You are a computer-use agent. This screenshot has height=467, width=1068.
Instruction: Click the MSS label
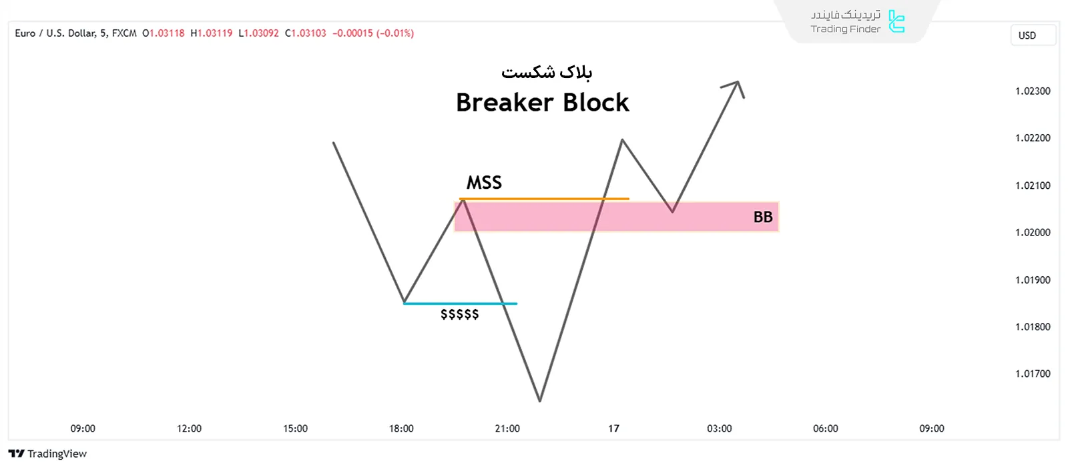pyautogui.click(x=484, y=183)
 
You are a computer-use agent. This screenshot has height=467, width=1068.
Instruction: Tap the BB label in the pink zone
pyautogui.click(x=763, y=217)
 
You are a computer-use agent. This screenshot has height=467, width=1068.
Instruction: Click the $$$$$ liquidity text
pyautogui.click(x=459, y=314)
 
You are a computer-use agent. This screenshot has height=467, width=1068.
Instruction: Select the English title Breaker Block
pyautogui.click(x=542, y=103)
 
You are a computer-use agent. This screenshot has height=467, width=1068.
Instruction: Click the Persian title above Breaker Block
pyautogui.click(x=547, y=72)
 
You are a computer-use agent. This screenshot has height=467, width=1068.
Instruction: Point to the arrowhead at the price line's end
pyautogui.click(x=737, y=84)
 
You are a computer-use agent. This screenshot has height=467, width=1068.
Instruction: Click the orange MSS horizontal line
pyautogui.click(x=544, y=199)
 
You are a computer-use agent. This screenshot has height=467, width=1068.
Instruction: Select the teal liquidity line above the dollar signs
pyautogui.click(x=460, y=304)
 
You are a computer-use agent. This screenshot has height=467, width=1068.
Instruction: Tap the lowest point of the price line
pyautogui.click(x=539, y=400)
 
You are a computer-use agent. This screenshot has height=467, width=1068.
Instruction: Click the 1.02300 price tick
pyautogui.click(x=1032, y=91)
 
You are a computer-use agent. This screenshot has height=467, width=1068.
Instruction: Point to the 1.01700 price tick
pyautogui.click(x=1032, y=374)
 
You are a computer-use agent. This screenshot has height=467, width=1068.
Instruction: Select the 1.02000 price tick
pyautogui.click(x=1032, y=233)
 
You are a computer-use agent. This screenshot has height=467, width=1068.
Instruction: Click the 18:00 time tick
pyautogui.click(x=401, y=429)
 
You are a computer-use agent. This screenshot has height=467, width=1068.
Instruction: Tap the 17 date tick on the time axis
pyautogui.click(x=613, y=429)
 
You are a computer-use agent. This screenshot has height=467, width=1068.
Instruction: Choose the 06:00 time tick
pyautogui.click(x=825, y=429)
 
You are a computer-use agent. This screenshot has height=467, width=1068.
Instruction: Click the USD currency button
pyautogui.click(x=1027, y=35)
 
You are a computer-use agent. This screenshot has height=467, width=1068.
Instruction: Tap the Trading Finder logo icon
pyautogui.click(x=896, y=21)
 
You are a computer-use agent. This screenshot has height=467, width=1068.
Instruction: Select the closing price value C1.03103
pyautogui.click(x=306, y=33)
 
